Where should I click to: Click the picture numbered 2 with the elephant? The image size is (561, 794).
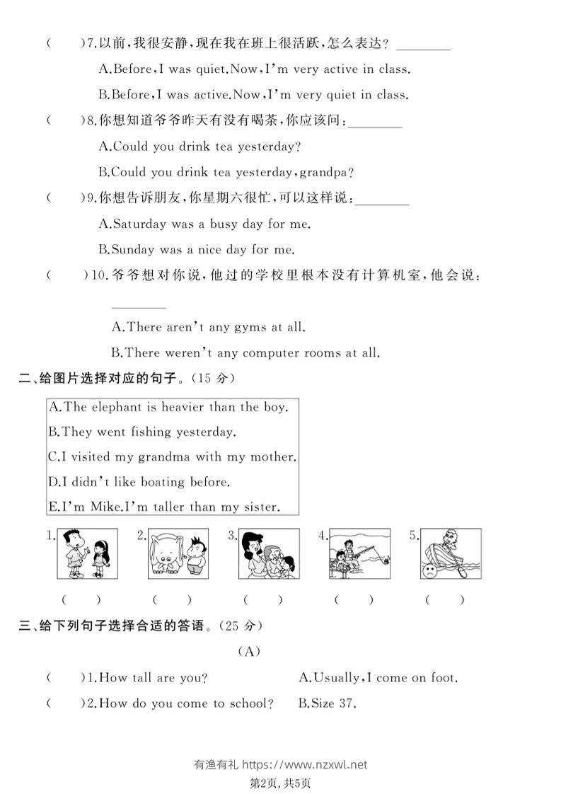coord(179,554)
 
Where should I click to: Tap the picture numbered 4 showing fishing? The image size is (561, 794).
coord(360,554)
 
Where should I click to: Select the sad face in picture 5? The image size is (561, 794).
coord(429,571)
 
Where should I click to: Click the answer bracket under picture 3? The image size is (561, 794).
coord(262,600)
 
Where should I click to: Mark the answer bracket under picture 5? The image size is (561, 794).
coord(445,600)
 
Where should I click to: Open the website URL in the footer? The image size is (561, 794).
coord(305,764)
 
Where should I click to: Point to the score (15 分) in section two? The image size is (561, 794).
coord(212,379)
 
